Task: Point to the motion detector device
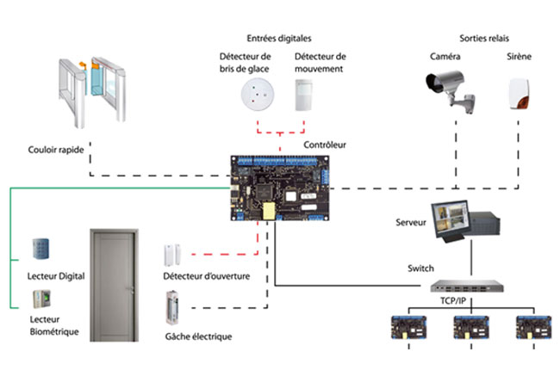[x=304, y=94]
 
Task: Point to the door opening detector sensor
[x=171, y=255]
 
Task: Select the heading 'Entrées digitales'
[x=278, y=39]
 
